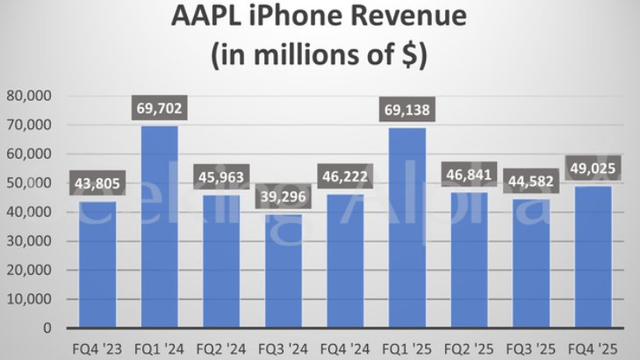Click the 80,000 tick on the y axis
point(29,96)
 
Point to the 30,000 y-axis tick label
point(29,241)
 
